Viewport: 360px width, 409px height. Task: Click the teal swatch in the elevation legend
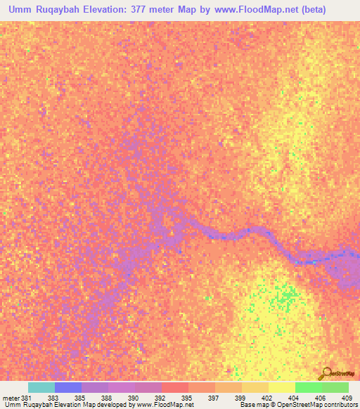click(x=41, y=387)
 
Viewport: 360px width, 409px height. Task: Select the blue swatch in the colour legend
click(x=68, y=387)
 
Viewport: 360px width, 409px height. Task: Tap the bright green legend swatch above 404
click(x=309, y=387)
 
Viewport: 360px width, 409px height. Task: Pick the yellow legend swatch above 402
click(x=282, y=387)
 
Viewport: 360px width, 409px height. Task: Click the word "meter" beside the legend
click(x=11, y=397)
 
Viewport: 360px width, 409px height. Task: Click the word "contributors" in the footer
click(x=340, y=405)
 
